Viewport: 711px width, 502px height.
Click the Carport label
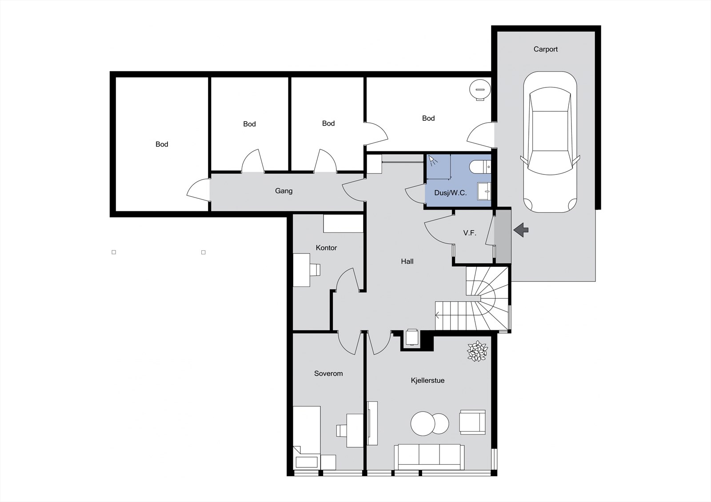click(x=545, y=49)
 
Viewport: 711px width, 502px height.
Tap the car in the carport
click(x=550, y=142)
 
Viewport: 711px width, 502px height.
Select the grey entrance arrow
click(x=521, y=229)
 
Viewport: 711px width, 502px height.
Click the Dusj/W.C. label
click(x=451, y=193)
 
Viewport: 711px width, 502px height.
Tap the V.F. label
click(x=469, y=233)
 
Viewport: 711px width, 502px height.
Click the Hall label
click(x=407, y=261)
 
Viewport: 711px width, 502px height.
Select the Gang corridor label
click(x=284, y=191)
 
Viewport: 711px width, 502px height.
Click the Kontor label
click(x=326, y=248)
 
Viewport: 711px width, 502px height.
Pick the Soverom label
click(x=328, y=374)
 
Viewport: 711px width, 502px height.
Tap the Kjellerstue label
click(x=427, y=380)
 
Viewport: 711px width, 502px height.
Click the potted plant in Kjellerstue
click(x=477, y=351)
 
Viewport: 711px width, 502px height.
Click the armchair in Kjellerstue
click(x=472, y=422)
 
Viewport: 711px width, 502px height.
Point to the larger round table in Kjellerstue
click(x=423, y=423)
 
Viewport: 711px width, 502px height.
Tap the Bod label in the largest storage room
click(x=162, y=144)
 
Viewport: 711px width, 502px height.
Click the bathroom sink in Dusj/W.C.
click(x=484, y=191)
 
